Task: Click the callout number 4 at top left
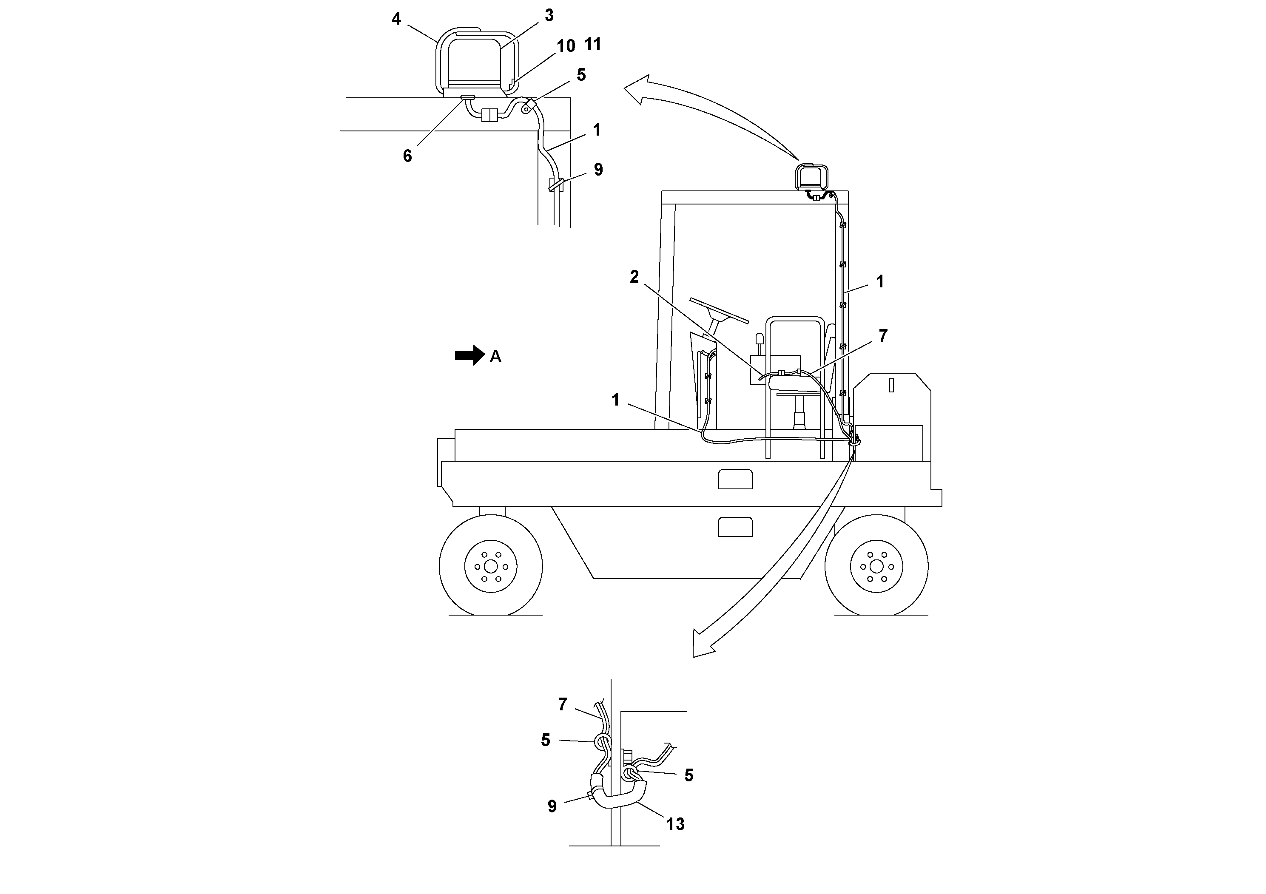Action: [x=396, y=19]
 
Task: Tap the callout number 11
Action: [x=592, y=44]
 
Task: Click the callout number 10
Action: [x=566, y=46]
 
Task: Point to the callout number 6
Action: [x=407, y=156]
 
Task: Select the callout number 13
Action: [x=675, y=825]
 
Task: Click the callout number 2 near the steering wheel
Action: [x=634, y=277]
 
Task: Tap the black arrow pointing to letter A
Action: [x=469, y=355]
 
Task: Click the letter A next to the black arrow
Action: [x=495, y=357]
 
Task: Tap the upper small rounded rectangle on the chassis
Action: [x=735, y=479]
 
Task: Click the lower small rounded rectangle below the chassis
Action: [x=735, y=527]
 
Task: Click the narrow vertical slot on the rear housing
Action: [x=891, y=385]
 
